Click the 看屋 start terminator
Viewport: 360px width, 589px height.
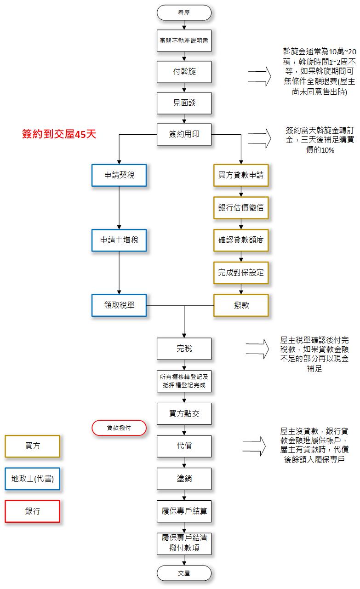click(184, 12)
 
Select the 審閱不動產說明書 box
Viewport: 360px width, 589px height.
click(184, 41)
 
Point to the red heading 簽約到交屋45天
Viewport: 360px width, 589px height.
click(59, 134)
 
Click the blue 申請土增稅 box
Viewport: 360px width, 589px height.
click(119, 240)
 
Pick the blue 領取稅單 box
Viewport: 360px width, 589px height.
click(119, 304)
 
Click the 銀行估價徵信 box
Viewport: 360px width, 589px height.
click(241, 207)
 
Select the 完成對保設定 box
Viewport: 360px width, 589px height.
click(241, 272)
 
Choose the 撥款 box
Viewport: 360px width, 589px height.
click(241, 304)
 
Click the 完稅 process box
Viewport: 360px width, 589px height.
click(184, 349)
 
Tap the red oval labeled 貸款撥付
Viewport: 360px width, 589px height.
click(119, 428)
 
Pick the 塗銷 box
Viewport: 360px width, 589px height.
click(184, 479)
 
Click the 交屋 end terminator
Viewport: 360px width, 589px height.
click(184, 573)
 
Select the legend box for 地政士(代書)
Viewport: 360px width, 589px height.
click(32, 479)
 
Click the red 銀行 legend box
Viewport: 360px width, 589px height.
click(32, 511)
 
